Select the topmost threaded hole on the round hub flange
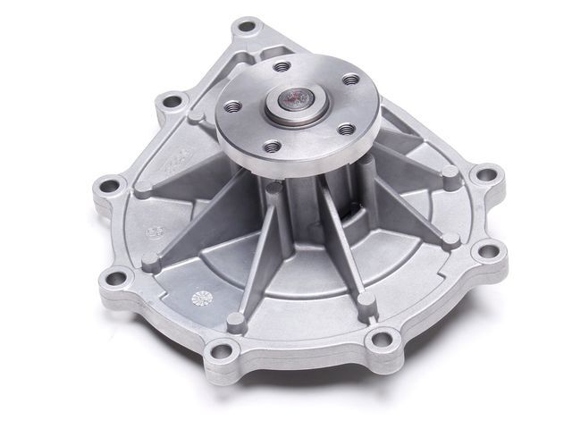pos(282,66)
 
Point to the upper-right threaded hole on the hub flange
pos(342,78)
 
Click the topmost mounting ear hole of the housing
pos(246,28)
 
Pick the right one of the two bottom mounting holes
pos(383,339)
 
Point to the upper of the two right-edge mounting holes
pos(486,175)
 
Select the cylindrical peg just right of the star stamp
pos(236,320)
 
